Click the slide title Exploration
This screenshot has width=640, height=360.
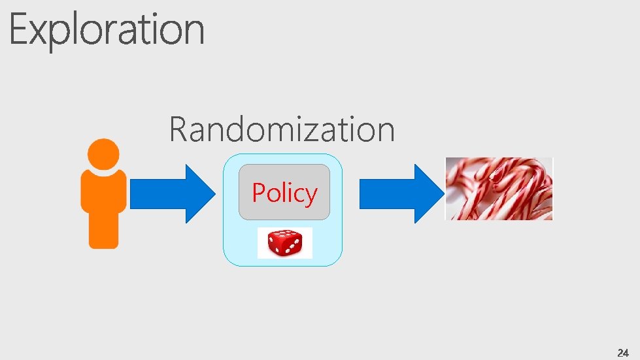click(107, 30)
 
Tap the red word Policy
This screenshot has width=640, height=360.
click(284, 193)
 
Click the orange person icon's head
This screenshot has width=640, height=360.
click(103, 154)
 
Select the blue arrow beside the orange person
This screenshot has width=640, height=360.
click(171, 194)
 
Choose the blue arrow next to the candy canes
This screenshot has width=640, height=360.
click(398, 194)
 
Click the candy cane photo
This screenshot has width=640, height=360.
click(499, 189)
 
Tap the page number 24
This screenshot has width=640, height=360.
click(622, 352)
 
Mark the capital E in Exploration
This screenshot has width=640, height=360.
click(20, 30)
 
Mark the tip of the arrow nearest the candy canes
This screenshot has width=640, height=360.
click(443, 194)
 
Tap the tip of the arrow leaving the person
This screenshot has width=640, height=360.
click(215, 194)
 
